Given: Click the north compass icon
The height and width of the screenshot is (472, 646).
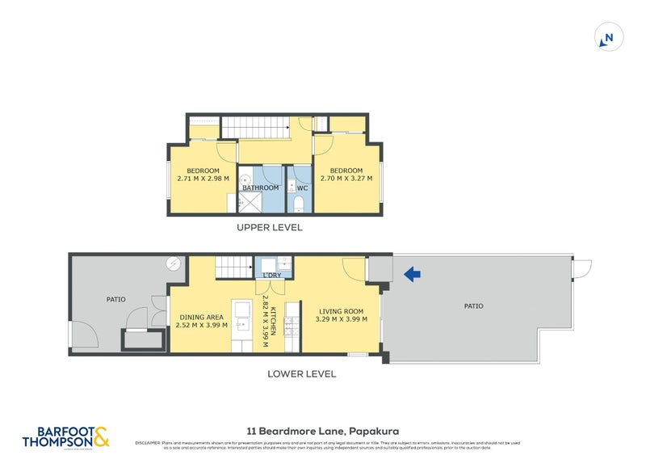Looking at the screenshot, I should click(608, 37).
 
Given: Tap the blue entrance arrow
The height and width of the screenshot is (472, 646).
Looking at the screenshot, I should click(412, 275).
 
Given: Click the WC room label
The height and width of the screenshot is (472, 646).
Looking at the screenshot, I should click(302, 188).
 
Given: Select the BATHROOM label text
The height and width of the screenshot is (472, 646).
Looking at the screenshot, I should click(260, 188).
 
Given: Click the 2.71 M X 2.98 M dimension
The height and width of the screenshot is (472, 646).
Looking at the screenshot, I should click(203, 179).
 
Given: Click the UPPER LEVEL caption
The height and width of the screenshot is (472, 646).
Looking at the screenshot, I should click(269, 228).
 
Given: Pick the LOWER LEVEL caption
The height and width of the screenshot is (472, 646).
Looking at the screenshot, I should click(303, 374).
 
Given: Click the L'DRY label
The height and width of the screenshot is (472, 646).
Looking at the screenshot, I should click(273, 276).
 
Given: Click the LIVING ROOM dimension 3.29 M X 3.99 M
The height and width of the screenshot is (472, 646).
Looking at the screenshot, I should click(340, 319).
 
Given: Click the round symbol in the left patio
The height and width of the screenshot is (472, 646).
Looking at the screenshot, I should click(173, 263).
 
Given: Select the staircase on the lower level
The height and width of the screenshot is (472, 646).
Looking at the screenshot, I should click(233, 267).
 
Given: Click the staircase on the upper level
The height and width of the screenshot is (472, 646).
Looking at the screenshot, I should click(255, 127).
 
